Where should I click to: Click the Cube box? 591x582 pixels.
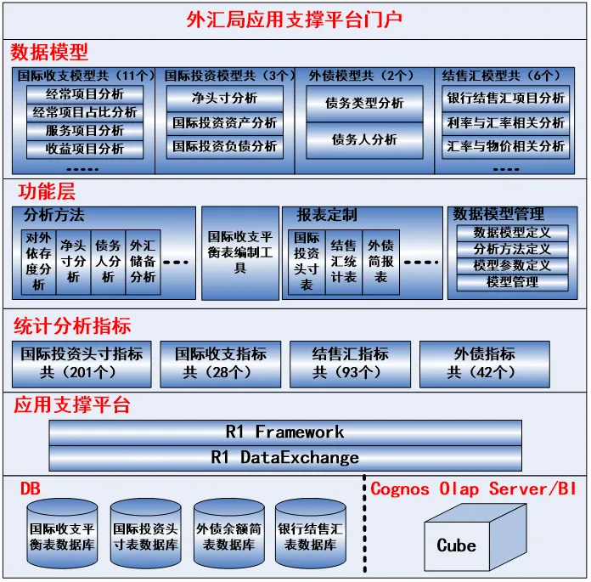pyautogui.click(x=476, y=538)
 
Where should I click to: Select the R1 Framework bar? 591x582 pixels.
pyautogui.click(x=285, y=432)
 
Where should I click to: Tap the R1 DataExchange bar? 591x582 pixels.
pyautogui.click(x=285, y=458)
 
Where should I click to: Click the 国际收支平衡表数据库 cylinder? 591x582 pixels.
pyautogui.click(x=62, y=534)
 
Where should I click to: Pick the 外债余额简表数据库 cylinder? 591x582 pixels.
pyautogui.click(x=228, y=534)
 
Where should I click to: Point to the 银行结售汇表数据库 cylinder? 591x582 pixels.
pyautogui.click(x=311, y=534)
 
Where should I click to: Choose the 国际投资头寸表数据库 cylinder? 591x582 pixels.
pyautogui.click(x=145, y=534)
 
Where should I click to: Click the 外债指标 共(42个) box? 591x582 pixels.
pyautogui.click(x=485, y=364)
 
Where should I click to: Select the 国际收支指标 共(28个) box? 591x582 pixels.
pyautogui.click(x=221, y=364)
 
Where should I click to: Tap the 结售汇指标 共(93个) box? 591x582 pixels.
pyautogui.click(x=350, y=364)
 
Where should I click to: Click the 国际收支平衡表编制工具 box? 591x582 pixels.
pyautogui.click(x=240, y=253)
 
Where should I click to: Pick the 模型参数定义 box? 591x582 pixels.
pyautogui.click(x=512, y=266)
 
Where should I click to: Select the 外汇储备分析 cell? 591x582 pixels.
pyautogui.click(x=144, y=263)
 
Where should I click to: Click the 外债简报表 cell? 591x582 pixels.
pyautogui.click(x=381, y=263)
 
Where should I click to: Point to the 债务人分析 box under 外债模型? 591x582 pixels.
pyautogui.click(x=364, y=140)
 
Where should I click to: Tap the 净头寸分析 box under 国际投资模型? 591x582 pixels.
pyautogui.click(x=225, y=99)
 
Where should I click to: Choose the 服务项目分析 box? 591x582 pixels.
pyautogui.click(x=85, y=131)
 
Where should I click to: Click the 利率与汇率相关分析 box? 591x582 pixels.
pyautogui.click(x=505, y=123)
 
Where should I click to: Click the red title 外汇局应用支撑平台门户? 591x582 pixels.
pyautogui.click(x=295, y=20)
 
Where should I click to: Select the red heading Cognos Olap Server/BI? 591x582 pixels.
pyautogui.click(x=474, y=489)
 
